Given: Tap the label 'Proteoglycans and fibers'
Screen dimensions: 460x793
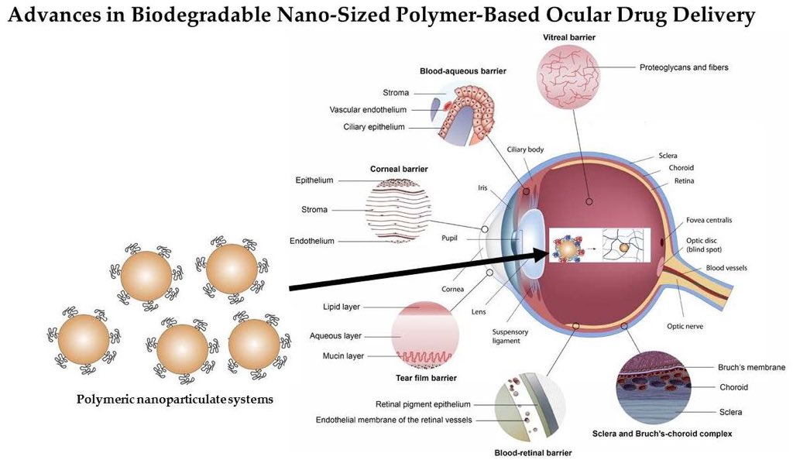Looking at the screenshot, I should pos(684,67).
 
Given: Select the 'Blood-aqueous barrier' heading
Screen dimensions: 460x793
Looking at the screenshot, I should pos(462,70).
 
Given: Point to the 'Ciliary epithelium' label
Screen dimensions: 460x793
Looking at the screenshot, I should pos(374,127).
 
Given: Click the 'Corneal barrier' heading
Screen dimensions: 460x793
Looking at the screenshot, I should pos(399,168).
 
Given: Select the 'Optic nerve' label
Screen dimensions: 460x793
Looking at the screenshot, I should pos(685,326).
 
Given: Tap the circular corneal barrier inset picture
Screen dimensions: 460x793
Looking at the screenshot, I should pos(397,210).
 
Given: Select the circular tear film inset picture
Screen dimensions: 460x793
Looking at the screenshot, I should pos(424,335).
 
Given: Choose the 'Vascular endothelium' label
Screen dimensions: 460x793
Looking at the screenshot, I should pos(368,110).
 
